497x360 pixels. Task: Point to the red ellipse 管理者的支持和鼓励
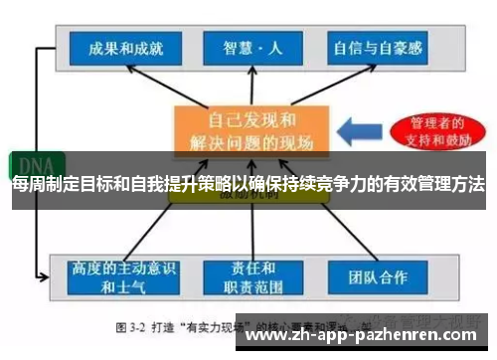pos(432,130)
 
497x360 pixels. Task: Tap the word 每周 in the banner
pos(27,185)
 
